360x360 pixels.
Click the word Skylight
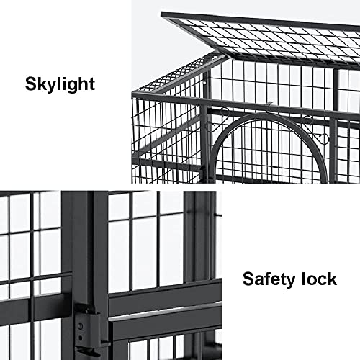point(60,84)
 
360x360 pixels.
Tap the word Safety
point(269,279)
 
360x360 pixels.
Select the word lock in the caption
point(319,279)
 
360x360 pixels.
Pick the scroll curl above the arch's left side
point(225,111)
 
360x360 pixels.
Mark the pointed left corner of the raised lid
point(161,14)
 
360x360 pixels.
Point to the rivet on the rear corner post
point(205,82)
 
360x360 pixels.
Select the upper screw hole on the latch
point(81,326)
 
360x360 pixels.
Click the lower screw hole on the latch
point(81,337)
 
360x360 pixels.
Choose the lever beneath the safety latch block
point(88,352)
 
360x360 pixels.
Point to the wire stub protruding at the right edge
point(218,215)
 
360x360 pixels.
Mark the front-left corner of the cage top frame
point(132,92)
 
